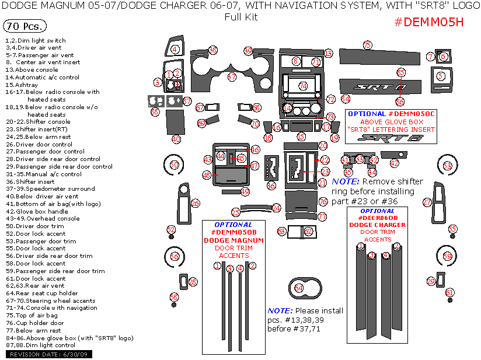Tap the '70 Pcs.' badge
tap(25, 27)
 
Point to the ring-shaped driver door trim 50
tap(174, 166)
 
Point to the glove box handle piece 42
tap(397, 163)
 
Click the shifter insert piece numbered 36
tap(271, 170)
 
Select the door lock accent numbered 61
tap(449, 292)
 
